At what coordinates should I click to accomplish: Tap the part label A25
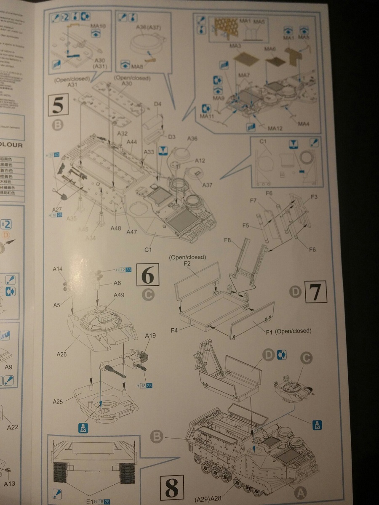[58, 402]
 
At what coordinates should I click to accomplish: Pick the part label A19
[150, 335]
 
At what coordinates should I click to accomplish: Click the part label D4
[158, 104]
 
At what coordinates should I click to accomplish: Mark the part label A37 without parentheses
[208, 185]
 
